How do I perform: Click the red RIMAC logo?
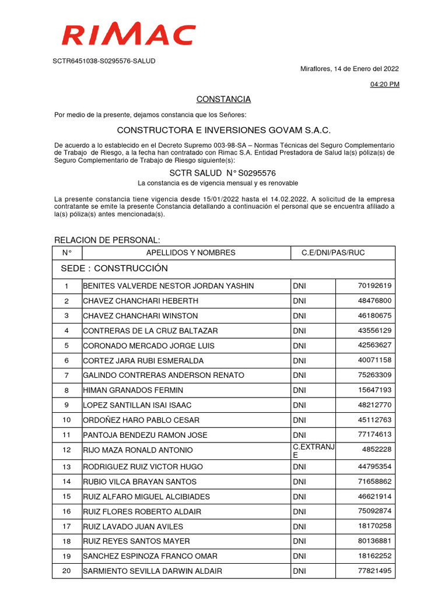128,34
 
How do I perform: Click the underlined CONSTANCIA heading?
223,99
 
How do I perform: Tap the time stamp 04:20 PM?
385,85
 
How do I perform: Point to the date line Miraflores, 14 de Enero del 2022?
349,69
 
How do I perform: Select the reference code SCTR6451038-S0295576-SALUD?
104,61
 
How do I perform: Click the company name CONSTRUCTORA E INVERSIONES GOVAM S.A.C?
223,130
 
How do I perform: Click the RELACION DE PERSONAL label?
107,240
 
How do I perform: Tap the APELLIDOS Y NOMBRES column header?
191,253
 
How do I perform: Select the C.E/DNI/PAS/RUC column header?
333,253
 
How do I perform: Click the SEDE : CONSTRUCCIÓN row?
114,269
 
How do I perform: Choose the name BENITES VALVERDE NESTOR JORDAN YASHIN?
169,286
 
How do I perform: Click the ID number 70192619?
374,286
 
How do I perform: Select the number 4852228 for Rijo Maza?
377,449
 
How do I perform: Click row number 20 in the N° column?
66,571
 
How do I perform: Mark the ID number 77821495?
374,571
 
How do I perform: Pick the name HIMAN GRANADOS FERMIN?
133,390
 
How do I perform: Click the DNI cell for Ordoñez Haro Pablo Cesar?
299,420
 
